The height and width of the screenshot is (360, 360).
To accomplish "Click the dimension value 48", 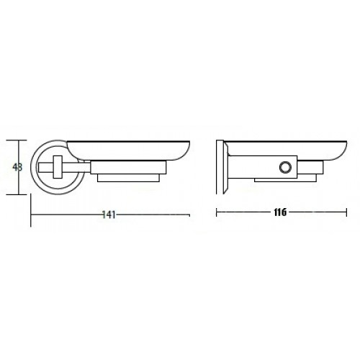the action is [17, 167].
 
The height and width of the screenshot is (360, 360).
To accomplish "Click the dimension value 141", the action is [109, 215].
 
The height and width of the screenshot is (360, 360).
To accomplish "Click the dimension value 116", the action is [280, 212].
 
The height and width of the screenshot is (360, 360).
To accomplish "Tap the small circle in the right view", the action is [286, 167].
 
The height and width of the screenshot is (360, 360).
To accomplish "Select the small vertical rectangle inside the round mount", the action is [58, 167].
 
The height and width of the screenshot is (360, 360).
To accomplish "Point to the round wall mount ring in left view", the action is [32, 167].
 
